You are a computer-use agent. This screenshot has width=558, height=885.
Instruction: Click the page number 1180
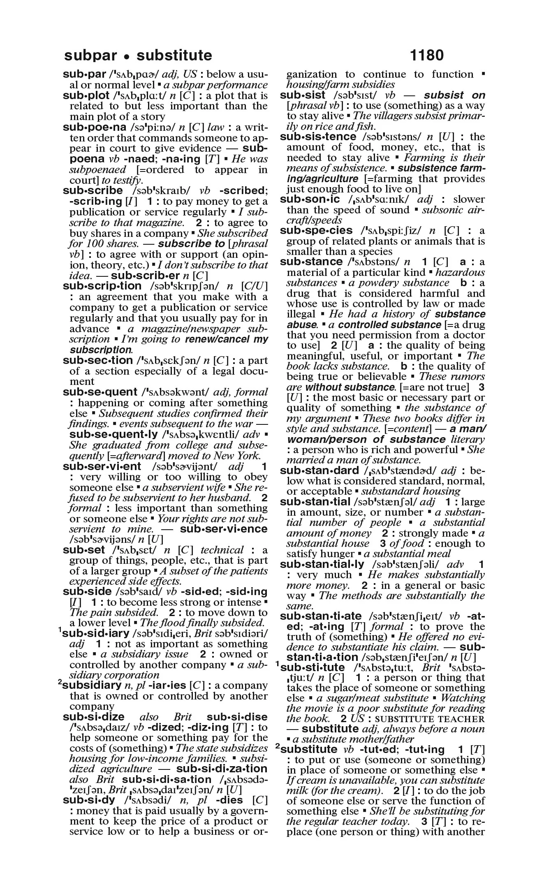426,55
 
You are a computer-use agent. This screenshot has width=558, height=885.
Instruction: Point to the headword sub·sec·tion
97,361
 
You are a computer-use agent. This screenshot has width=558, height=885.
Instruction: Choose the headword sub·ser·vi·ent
102,467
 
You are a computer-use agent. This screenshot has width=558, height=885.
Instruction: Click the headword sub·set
84,550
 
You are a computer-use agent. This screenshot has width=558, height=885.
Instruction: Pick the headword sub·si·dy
89,800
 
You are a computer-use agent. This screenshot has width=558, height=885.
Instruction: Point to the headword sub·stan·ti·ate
321,616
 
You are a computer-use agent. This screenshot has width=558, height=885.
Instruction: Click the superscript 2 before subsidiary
60,683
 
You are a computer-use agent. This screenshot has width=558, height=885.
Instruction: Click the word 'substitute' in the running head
174,55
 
